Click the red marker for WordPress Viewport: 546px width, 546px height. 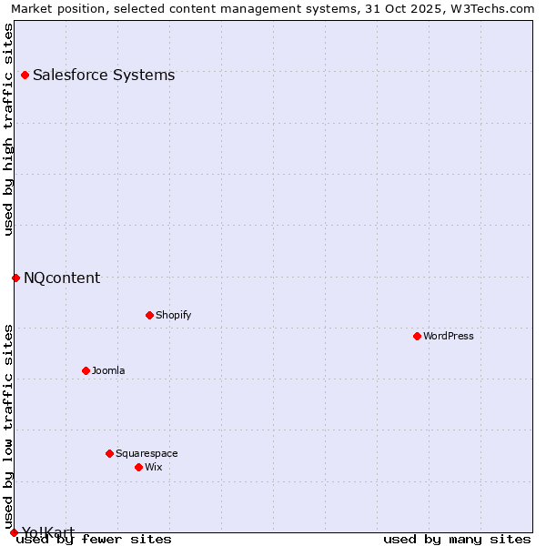(x=417, y=336)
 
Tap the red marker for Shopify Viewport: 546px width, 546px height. (x=149, y=315)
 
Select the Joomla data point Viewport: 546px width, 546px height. (x=86, y=370)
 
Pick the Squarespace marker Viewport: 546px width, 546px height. (x=109, y=453)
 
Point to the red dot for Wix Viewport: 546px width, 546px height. (x=138, y=467)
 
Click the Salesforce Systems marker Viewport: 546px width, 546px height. (x=25, y=75)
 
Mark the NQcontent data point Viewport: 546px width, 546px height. (x=15, y=278)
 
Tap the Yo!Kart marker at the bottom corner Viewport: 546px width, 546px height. (x=14, y=532)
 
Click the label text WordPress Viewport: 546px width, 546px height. (x=449, y=336)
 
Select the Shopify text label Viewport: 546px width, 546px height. (x=173, y=315)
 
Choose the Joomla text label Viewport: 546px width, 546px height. (x=108, y=370)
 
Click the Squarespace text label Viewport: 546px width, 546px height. (x=147, y=453)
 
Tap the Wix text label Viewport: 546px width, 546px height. (x=153, y=467)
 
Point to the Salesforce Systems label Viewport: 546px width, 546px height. (x=104, y=75)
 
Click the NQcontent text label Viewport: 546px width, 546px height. (x=62, y=278)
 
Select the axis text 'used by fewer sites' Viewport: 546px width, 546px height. (x=94, y=540)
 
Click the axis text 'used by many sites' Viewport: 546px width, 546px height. (x=457, y=540)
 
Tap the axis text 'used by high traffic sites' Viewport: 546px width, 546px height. (x=8, y=129)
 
